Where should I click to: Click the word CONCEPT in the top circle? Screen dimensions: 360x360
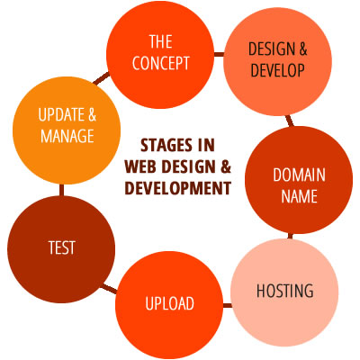(x=161, y=63)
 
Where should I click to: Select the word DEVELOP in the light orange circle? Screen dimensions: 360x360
(x=278, y=70)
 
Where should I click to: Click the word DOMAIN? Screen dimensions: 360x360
(x=299, y=175)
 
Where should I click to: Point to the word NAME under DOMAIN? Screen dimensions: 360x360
(x=299, y=196)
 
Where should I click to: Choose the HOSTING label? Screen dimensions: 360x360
(x=285, y=291)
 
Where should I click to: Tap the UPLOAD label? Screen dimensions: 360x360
(x=169, y=303)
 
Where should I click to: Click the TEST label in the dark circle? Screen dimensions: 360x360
(x=61, y=247)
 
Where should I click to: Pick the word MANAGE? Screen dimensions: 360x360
(x=67, y=136)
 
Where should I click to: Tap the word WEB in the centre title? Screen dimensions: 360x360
(x=140, y=166)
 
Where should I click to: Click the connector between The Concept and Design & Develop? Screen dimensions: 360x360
(x=219, y=54)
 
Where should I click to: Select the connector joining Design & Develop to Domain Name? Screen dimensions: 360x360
(x=290, y=121)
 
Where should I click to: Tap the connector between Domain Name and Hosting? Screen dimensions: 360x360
(x=290, y=236)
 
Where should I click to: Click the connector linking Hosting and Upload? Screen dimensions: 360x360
(x=228, y=305)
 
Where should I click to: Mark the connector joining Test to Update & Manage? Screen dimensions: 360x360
(x=61, y=190)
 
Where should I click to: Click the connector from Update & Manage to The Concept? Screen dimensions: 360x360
(x=102, y=78)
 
